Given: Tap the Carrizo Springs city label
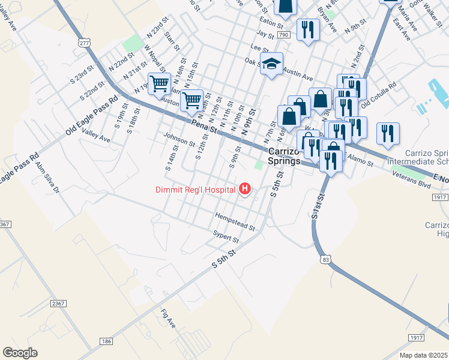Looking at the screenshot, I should pos(284,157).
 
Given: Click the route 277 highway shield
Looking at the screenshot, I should pos(84,43).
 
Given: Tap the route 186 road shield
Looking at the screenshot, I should pos(106,341).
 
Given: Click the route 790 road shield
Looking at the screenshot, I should pos(284,35).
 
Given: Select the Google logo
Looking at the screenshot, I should pos(20,353).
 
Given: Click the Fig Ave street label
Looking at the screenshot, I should pos(168,318).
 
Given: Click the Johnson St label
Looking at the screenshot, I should pos(179,139).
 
